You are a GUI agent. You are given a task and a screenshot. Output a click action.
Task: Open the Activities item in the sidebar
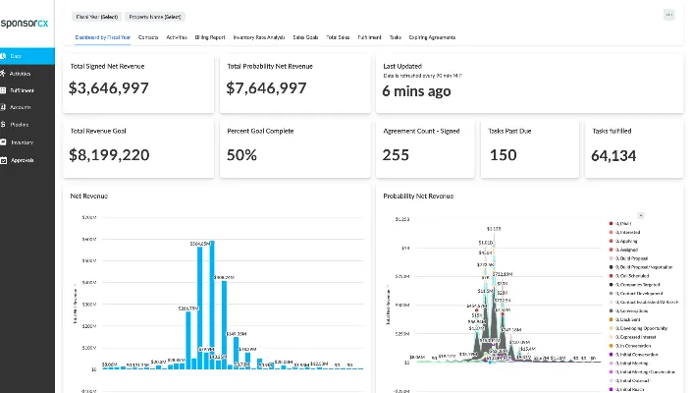[20, 73]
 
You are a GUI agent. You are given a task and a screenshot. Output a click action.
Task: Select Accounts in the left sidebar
[20, 107]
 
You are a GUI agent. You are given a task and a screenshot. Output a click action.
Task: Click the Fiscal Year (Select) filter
[95, 17]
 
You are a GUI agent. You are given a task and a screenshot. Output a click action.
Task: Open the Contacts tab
[148, 37]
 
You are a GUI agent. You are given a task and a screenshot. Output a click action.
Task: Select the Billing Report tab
[209, 37]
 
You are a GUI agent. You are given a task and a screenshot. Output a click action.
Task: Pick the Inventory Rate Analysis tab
[258, 37]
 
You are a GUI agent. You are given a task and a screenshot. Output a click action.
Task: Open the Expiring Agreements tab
[432, 37]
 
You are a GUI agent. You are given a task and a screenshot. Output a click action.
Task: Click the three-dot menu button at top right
[669, 15]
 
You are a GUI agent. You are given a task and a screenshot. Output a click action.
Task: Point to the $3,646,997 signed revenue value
[109, 88]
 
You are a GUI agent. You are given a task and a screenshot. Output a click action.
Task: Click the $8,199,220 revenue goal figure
[110, 154]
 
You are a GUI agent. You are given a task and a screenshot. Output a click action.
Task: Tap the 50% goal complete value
[241, 154]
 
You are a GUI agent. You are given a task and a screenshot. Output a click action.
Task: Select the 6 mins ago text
[416, 90]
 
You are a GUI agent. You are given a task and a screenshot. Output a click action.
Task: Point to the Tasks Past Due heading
[509, 131]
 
